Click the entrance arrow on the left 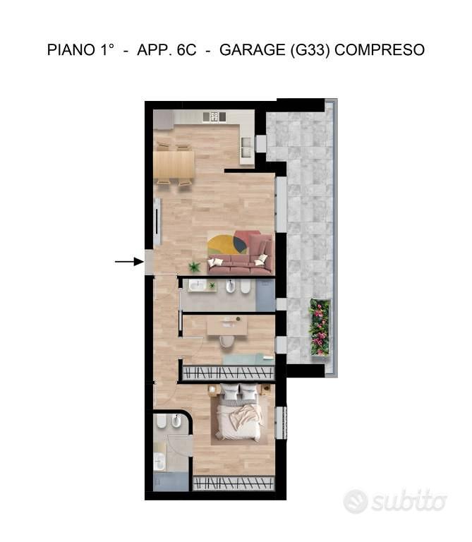point(129,262)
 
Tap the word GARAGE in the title point(253,50)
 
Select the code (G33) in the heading point(310,50)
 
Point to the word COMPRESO point(380,50)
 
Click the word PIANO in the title point(71,50)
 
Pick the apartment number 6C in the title point(186,50)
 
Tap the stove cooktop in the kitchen point(214,116)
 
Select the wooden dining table point(174,164)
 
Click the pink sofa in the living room point(242,255)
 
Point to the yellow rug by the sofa point(227,245)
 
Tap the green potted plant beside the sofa point(194,267)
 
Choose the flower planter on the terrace point(320,327)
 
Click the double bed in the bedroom point(239,412)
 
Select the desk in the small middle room point(227,325)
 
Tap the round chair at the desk point(226,340)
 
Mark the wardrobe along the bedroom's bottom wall point(234,483)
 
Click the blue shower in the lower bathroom point(171,482)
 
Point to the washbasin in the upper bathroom point(198,286)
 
